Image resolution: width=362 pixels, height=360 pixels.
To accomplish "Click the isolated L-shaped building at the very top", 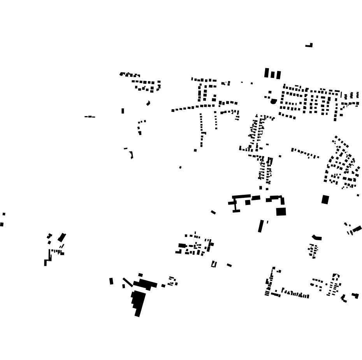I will [x=310, y=46].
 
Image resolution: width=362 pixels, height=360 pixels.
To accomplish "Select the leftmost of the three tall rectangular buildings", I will [x=267, y=73].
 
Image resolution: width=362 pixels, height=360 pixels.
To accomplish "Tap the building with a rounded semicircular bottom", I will [x=274, y=101].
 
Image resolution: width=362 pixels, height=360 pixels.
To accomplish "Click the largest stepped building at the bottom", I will [x=139, y=302].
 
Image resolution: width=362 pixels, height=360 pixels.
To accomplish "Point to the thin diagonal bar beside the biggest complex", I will [x=128, y=282].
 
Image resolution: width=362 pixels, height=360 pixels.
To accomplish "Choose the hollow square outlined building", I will [x=214, y=264].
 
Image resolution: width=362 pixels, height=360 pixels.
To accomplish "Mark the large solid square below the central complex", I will [x=281, y=212].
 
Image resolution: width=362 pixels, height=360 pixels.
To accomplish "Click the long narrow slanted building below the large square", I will [x=261, y=226].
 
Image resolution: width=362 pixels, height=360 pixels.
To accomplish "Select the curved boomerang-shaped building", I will [x=317, y=237].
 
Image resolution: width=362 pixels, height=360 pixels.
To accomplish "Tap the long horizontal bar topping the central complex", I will [x=242, y=197].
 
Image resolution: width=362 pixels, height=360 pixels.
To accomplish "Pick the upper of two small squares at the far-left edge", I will [x=4, y=214].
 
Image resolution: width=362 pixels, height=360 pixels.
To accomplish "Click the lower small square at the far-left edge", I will [x=2, y=224].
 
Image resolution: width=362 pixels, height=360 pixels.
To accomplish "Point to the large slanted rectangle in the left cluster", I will [x=62, y=237].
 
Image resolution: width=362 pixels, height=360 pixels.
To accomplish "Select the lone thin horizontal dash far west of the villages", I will [x=90, y=116].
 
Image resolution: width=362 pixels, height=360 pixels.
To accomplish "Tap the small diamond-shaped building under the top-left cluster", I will [x=148, y=103].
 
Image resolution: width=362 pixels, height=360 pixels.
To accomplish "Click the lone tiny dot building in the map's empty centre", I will [x=180, y=168].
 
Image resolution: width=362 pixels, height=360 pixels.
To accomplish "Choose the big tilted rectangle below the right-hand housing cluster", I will [x=325, y=199].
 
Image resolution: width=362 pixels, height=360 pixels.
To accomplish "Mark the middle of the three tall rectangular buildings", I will [x=273, y=74].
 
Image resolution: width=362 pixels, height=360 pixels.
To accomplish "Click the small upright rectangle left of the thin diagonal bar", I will [x=111, y=281].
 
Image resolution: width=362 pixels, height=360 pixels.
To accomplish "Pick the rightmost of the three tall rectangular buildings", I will [x=278, y=75].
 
